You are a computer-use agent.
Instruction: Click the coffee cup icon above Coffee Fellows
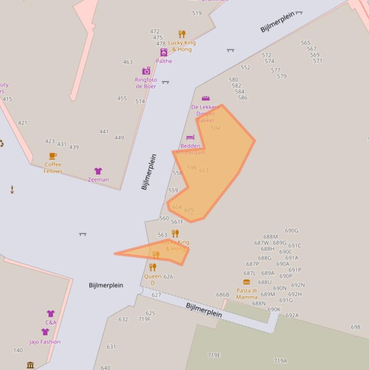pos(53,156)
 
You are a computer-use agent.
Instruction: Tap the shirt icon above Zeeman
pos(98,171)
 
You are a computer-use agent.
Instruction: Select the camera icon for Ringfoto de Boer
pos(146,71)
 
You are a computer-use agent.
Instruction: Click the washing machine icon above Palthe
pos(164,52)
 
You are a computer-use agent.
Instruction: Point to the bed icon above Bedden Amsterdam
pos(190,137)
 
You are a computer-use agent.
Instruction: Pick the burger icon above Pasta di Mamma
pos(247,282)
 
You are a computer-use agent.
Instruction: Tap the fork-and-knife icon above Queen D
pos(153,267)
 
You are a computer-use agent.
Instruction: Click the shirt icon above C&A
pos(50,314)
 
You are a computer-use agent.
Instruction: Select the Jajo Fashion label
pos(45,342)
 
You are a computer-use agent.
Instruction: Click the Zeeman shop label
pos(98,180)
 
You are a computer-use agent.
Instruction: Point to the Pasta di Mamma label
pos(247,294)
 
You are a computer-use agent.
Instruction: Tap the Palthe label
pos(164,61)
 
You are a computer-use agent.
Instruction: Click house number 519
pos(197,13)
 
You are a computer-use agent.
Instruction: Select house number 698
pos(355,327)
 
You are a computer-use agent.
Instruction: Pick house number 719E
pos(214,355)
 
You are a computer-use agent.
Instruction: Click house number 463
pos(128,62)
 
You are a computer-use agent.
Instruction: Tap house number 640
pos(106,368)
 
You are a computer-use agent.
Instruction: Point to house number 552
pos(245,67)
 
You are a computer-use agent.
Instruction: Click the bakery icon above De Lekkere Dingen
pos(206,98)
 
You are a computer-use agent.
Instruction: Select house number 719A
pos(280,361)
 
